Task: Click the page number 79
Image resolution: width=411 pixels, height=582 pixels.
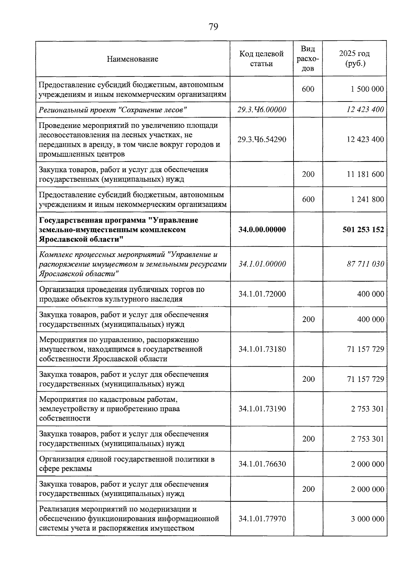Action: tap(213, 27)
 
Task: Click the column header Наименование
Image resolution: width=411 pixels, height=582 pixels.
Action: tap(132, 59)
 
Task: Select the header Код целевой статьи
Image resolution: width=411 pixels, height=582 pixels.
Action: tap(261, 59)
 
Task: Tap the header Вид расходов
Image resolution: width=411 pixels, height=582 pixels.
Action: tap(308, 59)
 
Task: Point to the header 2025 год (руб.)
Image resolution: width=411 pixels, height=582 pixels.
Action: tap(354, 59)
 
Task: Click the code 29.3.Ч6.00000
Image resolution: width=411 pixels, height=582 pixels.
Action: tap(262, 110)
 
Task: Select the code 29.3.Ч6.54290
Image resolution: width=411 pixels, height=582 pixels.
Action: tap(262, 140)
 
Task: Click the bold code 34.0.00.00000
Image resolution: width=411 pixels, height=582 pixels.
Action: tap(262, 229)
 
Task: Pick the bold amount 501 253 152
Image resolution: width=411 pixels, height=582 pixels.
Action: tap(363, 229)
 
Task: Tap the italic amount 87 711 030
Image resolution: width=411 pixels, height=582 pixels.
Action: tap(365, 264)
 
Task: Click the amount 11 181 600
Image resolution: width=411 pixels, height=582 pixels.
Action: tap(365, 174)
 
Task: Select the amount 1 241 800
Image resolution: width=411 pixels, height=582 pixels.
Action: tap(367, 200)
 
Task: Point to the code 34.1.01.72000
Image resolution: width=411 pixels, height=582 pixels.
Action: tap(262, 294)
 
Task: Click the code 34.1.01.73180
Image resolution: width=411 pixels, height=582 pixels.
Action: tap(262, 349)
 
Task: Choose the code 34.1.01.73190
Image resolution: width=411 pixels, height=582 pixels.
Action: tap(262, 409)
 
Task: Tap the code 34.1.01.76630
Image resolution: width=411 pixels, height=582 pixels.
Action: tap(262, 464)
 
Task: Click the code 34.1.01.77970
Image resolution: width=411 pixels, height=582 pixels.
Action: tap(262, 519)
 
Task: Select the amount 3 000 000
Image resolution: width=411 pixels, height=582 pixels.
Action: tap(367, 519)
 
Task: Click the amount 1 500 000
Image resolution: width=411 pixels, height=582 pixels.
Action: tap(367, 89)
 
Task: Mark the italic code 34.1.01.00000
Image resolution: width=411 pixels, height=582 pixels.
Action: tap(262, 264)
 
